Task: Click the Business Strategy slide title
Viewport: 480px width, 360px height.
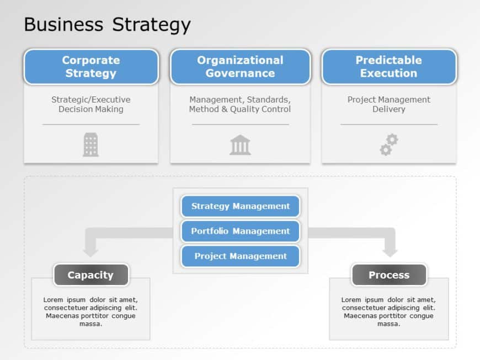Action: pos(107,24)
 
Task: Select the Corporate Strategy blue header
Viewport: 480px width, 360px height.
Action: pos(91,67)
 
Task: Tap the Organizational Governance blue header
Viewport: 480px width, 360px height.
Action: pos(241,67)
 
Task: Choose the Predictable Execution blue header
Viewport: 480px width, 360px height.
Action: pos(389,67)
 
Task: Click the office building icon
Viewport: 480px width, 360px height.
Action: pos(91,144)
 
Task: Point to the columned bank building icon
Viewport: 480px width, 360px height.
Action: pos(241,145)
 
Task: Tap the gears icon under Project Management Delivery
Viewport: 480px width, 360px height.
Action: pos(389,144)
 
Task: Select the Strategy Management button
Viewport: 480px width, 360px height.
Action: pos(241,206)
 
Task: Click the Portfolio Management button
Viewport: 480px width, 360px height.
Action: pos(241,231)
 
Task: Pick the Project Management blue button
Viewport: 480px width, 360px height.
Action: pos(241,256)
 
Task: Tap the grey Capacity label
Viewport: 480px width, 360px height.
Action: pos(91,275)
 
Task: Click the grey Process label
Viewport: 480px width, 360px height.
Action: pos(389,275)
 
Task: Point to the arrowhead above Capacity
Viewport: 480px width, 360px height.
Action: pos(90,252)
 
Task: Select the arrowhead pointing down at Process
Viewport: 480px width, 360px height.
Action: pos(390,252)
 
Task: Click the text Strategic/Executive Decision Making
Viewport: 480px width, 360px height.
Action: pos(91,104)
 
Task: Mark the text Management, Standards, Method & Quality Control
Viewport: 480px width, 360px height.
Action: pos(240,104)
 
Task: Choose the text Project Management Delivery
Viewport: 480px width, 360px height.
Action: pos(389,104)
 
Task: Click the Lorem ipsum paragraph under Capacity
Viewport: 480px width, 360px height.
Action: pos(90,311)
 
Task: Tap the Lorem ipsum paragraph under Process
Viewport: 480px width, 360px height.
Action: pos(388,311)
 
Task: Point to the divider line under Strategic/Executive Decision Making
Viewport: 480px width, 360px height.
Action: pos(91,125)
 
